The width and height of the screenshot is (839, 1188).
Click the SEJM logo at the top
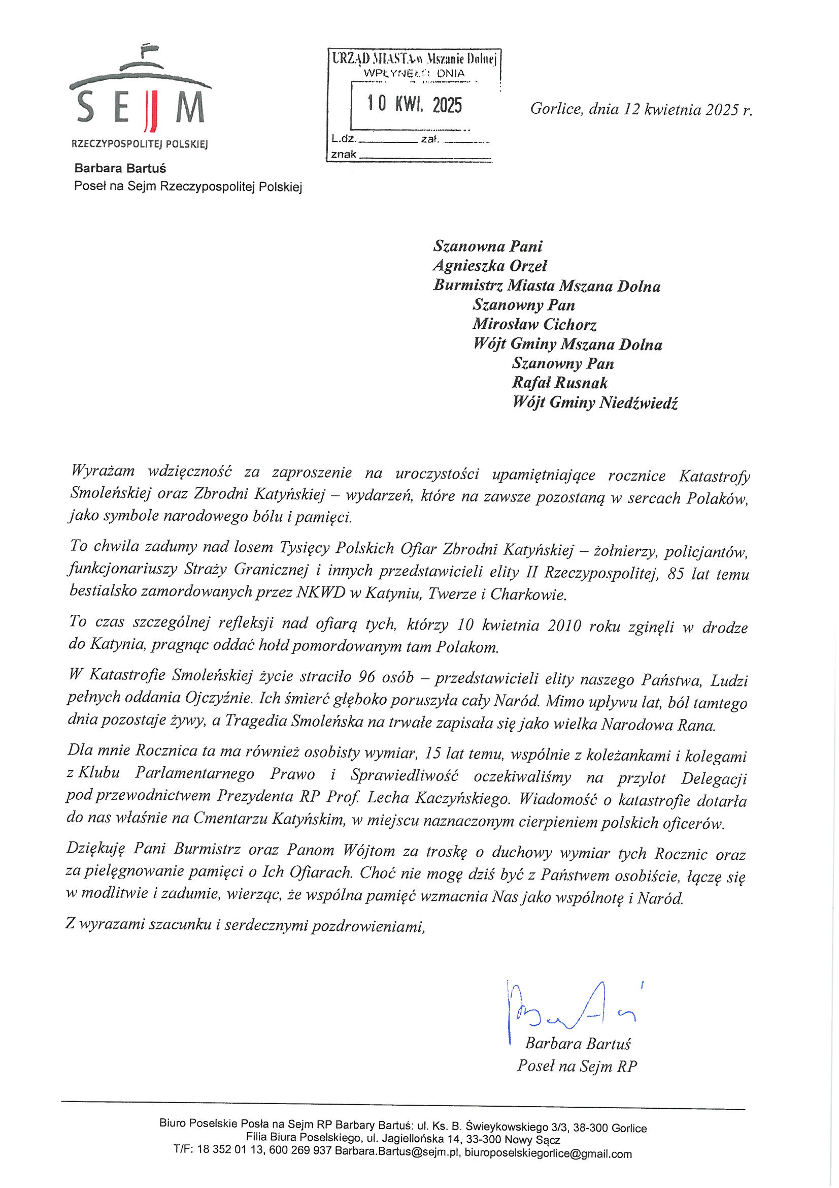click(140, 98)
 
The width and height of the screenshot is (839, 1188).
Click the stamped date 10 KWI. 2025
click(415, 105)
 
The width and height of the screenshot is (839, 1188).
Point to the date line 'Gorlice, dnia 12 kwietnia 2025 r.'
click(641, 110)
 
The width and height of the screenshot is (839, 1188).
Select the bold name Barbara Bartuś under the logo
click(120, 168)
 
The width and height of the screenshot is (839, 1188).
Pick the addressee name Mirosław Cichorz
click(534, 325)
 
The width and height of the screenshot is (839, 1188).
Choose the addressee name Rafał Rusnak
click(559, 384)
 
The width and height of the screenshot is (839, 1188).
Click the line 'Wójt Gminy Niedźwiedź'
click(594, 403)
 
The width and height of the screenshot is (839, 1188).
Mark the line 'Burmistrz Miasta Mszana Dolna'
click(547, 286)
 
